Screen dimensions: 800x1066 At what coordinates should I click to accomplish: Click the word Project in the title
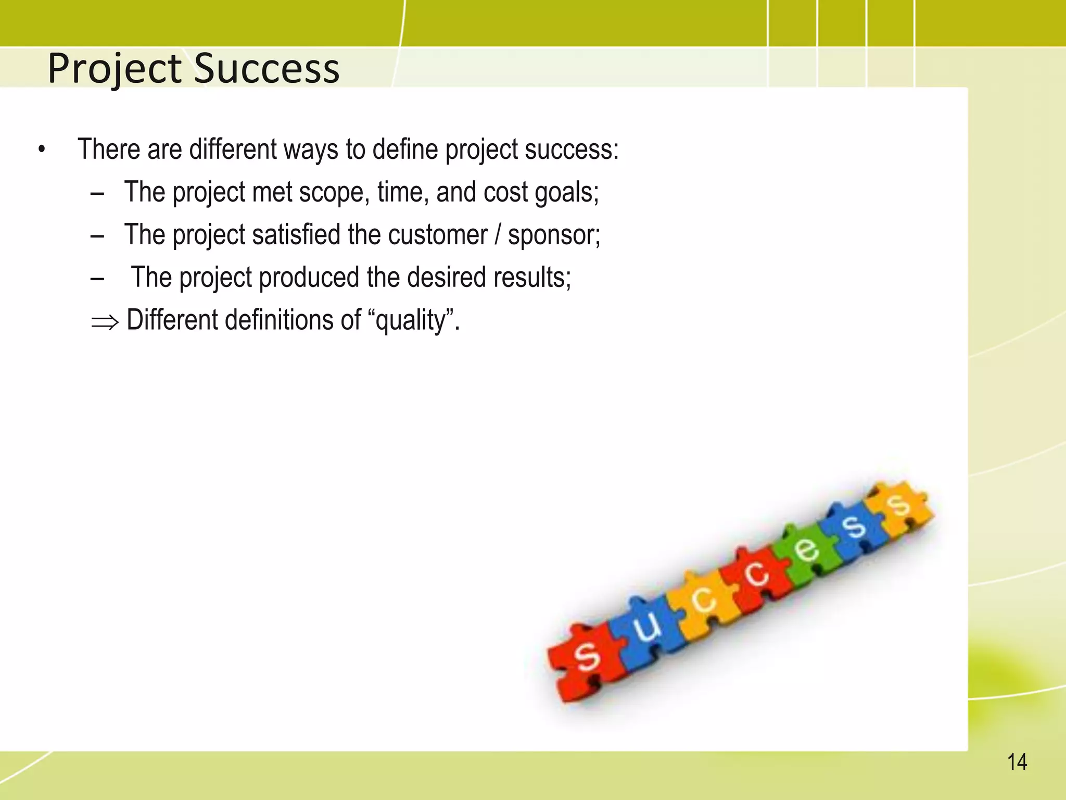115,69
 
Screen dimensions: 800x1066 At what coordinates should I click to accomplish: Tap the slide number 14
1017,762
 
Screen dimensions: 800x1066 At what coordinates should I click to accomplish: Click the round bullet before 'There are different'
42,151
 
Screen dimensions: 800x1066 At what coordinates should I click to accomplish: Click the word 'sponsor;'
554,235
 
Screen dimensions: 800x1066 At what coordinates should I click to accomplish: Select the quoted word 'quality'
411,320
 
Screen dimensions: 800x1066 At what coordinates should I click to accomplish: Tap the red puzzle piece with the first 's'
586,659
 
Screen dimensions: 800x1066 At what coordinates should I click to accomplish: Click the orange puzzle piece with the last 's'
899,508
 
